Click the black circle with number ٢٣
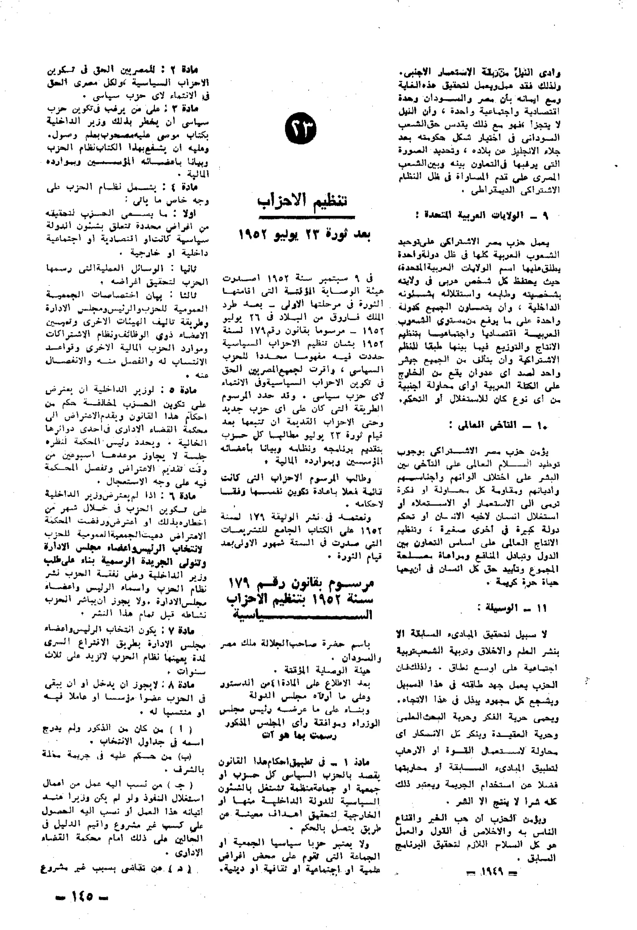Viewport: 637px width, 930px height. tap(301, 129)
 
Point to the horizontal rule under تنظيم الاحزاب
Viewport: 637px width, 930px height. tap(307, 217)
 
